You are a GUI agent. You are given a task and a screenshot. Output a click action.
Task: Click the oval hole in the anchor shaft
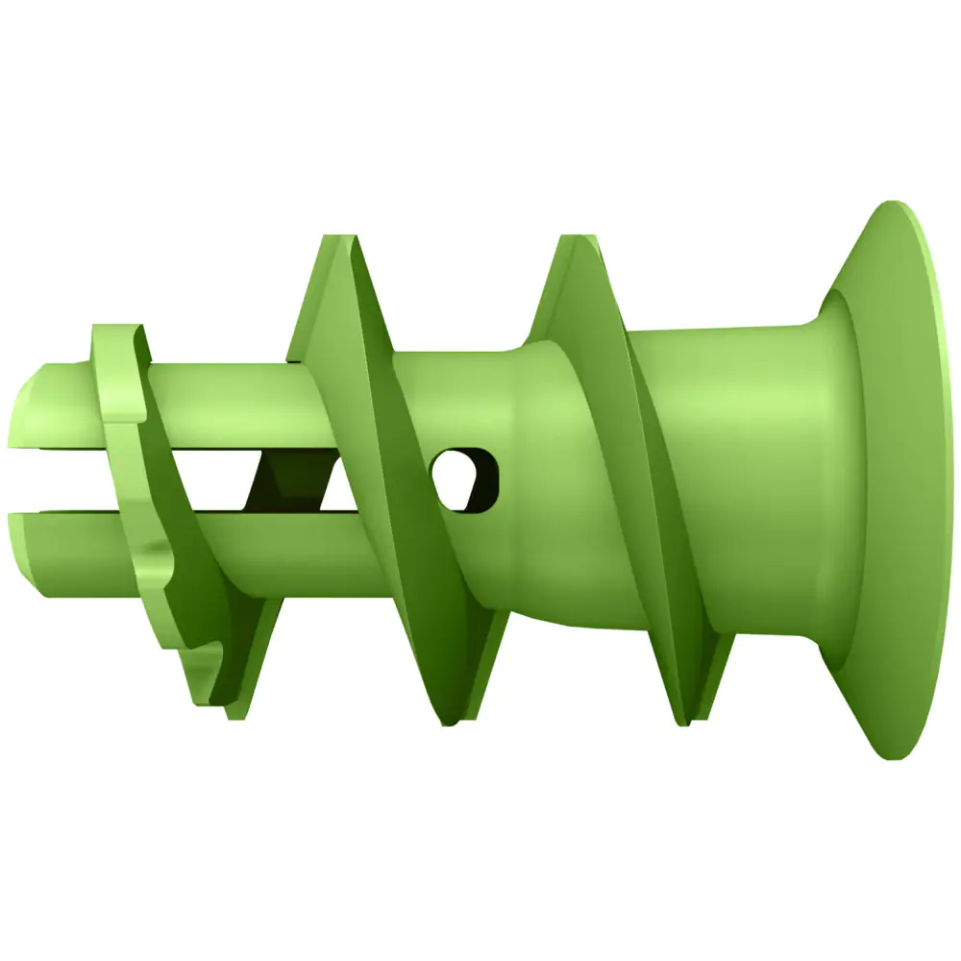pyautogui.click(x=467, y=477)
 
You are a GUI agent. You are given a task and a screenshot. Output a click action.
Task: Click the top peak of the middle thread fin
pyautogui.click(x=336, y=240)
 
